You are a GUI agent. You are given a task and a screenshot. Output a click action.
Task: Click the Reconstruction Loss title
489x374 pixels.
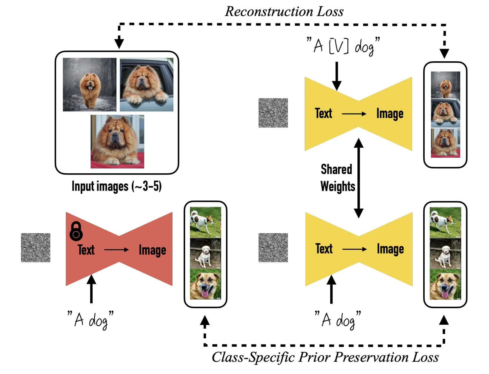(284, 11)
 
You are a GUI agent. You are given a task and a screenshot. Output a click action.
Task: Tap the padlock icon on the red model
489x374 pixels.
(76, 231)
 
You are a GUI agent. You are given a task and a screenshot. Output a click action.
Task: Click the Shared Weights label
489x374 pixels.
(338, 178)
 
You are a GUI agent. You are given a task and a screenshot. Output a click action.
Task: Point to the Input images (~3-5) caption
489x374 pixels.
(117, 186)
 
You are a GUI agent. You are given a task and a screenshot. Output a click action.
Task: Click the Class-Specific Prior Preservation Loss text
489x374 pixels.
(325, 357)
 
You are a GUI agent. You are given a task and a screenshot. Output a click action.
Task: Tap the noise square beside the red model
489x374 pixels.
(35, 248)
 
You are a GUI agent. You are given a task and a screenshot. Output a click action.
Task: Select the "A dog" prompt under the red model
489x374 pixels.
(90, 320)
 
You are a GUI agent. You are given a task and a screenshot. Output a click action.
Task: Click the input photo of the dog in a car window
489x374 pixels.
(147, 85)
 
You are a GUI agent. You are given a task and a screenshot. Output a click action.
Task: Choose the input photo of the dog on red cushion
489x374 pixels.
(118, 141)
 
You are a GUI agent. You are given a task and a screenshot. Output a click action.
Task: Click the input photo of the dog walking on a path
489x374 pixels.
(90, 85)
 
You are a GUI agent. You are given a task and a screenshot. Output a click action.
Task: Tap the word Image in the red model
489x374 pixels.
(152, 250)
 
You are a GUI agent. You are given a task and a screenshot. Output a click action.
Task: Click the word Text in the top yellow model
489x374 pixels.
(323, 114)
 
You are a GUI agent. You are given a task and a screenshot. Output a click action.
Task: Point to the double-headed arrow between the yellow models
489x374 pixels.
(359, 178)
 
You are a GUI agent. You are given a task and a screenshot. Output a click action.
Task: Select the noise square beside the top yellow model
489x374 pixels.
(273, 113)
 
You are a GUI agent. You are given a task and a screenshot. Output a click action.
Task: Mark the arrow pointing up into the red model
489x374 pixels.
(91, 289)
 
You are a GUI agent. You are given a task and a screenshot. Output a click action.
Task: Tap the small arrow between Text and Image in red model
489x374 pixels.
(116, 250)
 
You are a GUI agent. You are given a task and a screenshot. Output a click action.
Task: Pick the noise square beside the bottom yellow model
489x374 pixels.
(273, 248)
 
